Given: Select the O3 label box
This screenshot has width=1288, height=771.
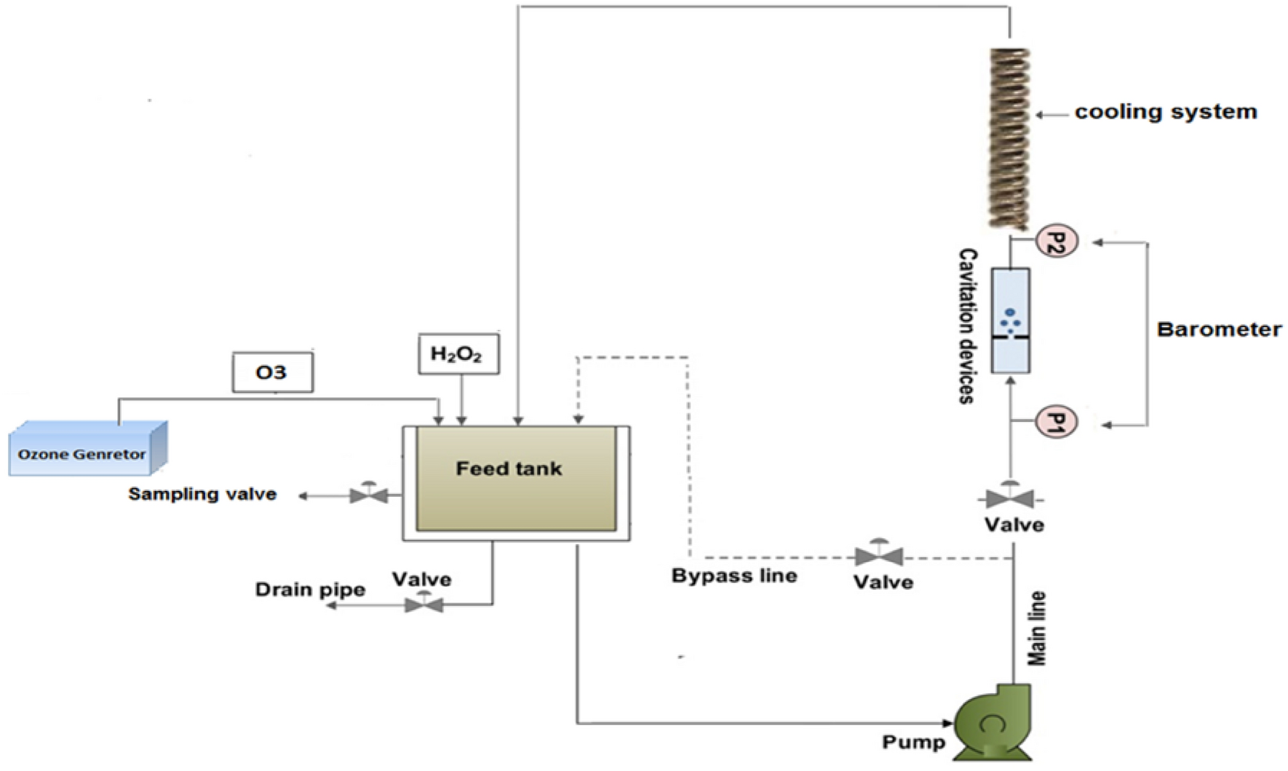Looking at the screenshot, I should [272, 372].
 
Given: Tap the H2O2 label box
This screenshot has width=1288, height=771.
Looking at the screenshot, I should [458, 354].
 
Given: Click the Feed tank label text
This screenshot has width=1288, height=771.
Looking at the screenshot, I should [509, 468].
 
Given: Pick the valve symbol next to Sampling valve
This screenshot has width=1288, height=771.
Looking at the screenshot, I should [369, 495].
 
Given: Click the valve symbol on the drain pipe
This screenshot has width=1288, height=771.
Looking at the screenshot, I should [424, 603].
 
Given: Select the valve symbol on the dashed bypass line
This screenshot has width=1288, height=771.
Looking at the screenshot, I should [879, 556].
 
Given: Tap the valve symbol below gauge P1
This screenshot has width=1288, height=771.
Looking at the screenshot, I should [1009, 498].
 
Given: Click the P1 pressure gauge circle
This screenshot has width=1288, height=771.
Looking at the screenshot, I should [1056, 422].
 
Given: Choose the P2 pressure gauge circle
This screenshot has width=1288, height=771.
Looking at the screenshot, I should [1056, 241].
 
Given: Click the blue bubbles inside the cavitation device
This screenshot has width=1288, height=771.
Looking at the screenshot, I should [1010, 320].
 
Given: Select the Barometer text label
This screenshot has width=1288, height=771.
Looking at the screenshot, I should [1219, 329].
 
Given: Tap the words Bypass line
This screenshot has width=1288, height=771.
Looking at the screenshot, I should [734, 576].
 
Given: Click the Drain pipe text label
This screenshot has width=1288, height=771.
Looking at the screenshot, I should [310, 589].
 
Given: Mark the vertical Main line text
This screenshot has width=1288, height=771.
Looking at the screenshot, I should [1036, 628].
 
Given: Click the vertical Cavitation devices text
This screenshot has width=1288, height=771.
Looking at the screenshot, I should [966, 326].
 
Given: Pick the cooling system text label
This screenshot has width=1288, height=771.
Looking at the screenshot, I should [1166, 112].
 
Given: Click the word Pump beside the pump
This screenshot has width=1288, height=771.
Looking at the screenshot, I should [913, 743].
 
